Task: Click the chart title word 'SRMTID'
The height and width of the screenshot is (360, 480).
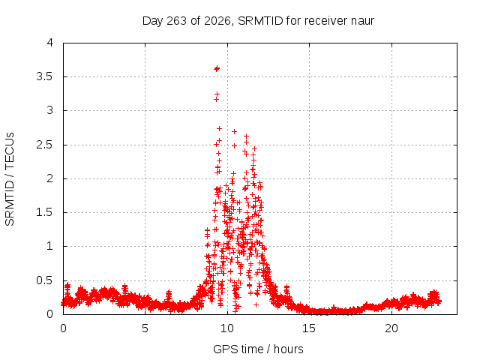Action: pos(260,21)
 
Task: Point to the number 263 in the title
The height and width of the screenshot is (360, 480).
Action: pos(176,21)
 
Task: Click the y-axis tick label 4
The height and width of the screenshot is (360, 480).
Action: pos(50,43)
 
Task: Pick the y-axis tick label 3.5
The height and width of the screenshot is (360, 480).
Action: pos(45,76)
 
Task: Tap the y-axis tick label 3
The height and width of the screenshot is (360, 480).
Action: pos(50,110)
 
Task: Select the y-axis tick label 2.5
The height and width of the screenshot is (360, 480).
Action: pos(45,145)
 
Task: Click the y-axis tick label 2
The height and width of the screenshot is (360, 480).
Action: pos(50,178)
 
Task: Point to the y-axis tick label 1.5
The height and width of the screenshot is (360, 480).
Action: pos(45,212)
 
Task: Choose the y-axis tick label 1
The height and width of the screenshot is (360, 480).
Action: pos(50,246)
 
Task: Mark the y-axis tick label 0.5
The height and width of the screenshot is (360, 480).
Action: pos(45,280)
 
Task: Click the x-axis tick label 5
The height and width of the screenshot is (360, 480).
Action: pos(145,328)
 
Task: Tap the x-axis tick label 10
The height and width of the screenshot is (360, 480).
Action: pos(227,328)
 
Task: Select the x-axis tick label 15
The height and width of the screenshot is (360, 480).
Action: pos(309,328)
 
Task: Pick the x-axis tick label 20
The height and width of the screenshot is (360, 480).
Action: pos(391,328)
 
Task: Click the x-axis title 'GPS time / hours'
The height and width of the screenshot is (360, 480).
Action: pos(258,349)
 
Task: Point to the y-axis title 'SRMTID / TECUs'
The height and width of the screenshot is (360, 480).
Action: pos(10,179)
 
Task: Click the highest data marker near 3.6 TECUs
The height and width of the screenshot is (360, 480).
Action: pos(217,68)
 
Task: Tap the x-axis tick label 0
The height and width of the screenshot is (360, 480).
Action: pos(63,328)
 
